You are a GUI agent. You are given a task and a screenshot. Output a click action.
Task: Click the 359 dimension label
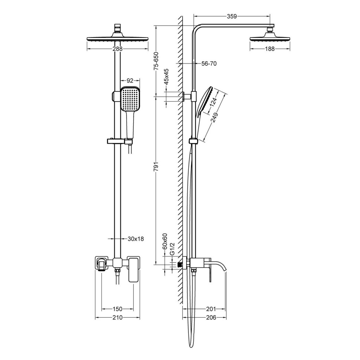pos(232,16)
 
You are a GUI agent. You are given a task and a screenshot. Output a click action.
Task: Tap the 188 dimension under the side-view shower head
pos(270,49)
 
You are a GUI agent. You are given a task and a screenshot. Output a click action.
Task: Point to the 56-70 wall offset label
pos(209,64)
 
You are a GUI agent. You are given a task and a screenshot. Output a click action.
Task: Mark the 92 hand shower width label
pos(130,80)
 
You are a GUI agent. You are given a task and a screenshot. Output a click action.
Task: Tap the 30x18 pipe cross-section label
pos(135,239)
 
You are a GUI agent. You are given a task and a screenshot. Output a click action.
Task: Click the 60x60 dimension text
pos(165,240)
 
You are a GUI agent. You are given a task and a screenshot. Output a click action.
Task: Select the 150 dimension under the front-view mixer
pos(117,309)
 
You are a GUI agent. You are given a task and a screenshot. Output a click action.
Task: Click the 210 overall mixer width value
pos(118,318)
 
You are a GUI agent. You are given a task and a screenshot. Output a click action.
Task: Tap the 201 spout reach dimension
pos(210,309)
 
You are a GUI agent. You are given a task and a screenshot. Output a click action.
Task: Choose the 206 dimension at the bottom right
pos(210,318)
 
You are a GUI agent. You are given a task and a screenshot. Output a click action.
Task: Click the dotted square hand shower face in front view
pos(130,99)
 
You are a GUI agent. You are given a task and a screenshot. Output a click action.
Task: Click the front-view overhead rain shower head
pos(117,39)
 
